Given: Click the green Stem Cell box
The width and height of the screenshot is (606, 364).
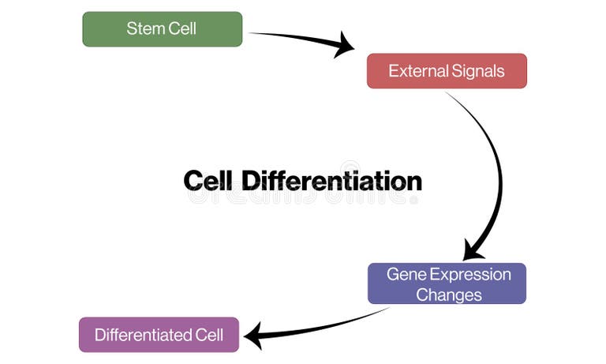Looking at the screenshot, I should pos(162,29).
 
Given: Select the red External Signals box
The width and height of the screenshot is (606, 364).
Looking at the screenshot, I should pos(447,71).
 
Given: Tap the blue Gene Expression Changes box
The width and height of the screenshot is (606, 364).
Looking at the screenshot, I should pos(447,284).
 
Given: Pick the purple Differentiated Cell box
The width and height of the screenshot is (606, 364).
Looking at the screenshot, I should pos(159,335).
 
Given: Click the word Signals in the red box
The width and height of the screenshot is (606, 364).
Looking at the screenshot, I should pos(477,71).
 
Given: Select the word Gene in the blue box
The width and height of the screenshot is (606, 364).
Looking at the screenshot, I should pos(402,274).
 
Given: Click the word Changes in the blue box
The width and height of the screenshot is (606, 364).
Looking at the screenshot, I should pos(448,295).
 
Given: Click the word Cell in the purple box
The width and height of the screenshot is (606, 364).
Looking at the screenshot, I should pos(209,335).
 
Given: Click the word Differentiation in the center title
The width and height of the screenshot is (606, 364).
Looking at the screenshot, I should pos(332,181).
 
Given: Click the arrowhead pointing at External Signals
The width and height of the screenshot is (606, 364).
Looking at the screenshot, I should pos(345,45).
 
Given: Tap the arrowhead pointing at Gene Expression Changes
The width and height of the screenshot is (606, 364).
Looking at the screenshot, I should pos(473,250).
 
